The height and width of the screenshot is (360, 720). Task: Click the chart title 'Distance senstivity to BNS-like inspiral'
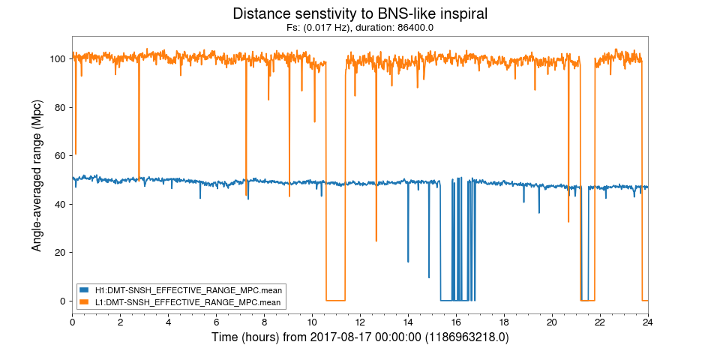pos(360,13)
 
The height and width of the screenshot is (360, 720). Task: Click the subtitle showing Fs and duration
pos(360,28)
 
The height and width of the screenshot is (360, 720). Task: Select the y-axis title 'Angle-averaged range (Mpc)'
pos(37,174)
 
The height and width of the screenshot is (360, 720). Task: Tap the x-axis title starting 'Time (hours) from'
pos(360,337)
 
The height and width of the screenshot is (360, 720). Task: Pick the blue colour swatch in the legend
pos(83,289)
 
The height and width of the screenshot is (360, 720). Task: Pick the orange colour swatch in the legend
pos(83,302)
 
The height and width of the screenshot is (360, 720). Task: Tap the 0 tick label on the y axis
pos(64,301)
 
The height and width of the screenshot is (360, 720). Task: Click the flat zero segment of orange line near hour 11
pos(335,300)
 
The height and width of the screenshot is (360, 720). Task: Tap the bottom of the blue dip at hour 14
pos(408,261)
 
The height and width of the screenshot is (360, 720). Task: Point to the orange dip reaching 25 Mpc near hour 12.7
pos(376,240)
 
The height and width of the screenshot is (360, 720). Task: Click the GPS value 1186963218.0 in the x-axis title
pos(467,337)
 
